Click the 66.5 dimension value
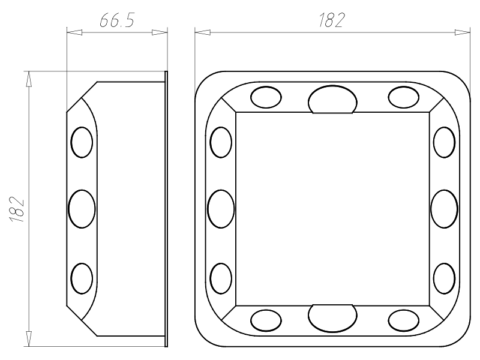coord(117,21)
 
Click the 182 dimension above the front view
coord(332,20)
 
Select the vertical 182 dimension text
coord(17,209)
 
